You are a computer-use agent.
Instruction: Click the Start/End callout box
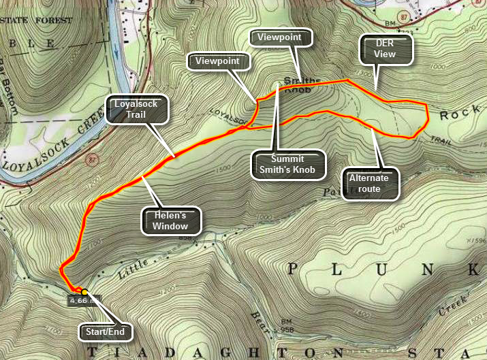(x=106, y=331)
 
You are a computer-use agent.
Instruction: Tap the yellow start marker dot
(x=84, y=292)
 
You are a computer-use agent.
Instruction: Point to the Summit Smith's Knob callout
(x=287, y=164)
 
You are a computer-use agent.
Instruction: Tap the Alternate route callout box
(x=368, y=184)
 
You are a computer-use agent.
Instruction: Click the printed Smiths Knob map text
(x=307, y=83)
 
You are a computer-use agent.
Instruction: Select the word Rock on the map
(x=454, y=115)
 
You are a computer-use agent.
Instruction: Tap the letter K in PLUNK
(x=472, y=271)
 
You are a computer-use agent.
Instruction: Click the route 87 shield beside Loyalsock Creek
(x=90, y=161)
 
